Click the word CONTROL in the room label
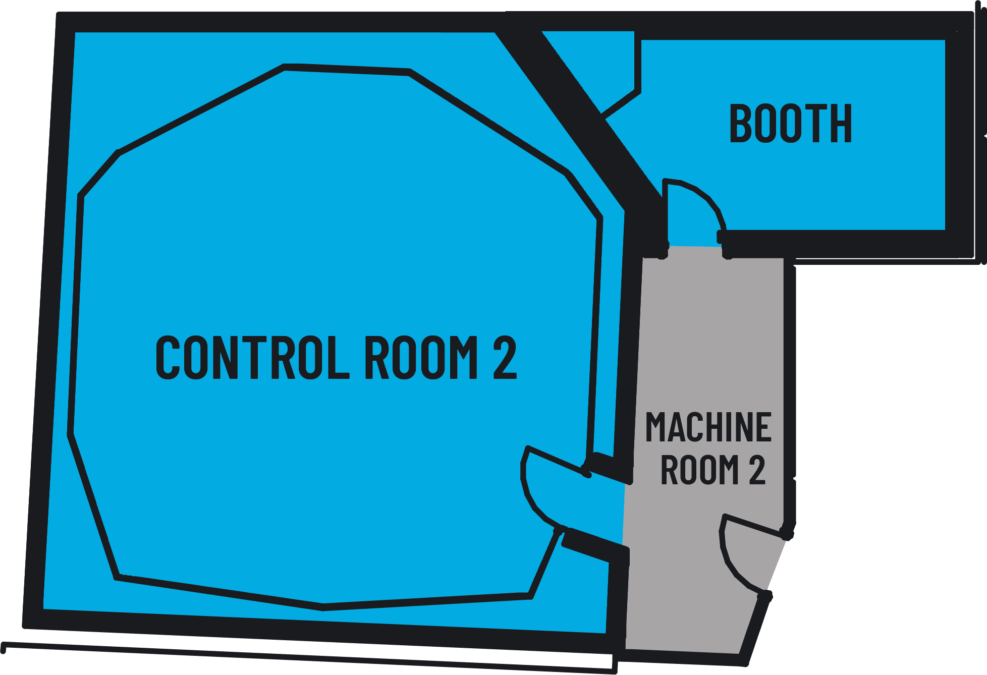pos(252,357)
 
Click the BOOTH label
pos(790,124)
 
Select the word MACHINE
pos(708,427)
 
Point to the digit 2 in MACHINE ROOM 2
pos(757,470)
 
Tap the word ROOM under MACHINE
pos(699,470)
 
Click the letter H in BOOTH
pos(841,124)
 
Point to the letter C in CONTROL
pos(168,357)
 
